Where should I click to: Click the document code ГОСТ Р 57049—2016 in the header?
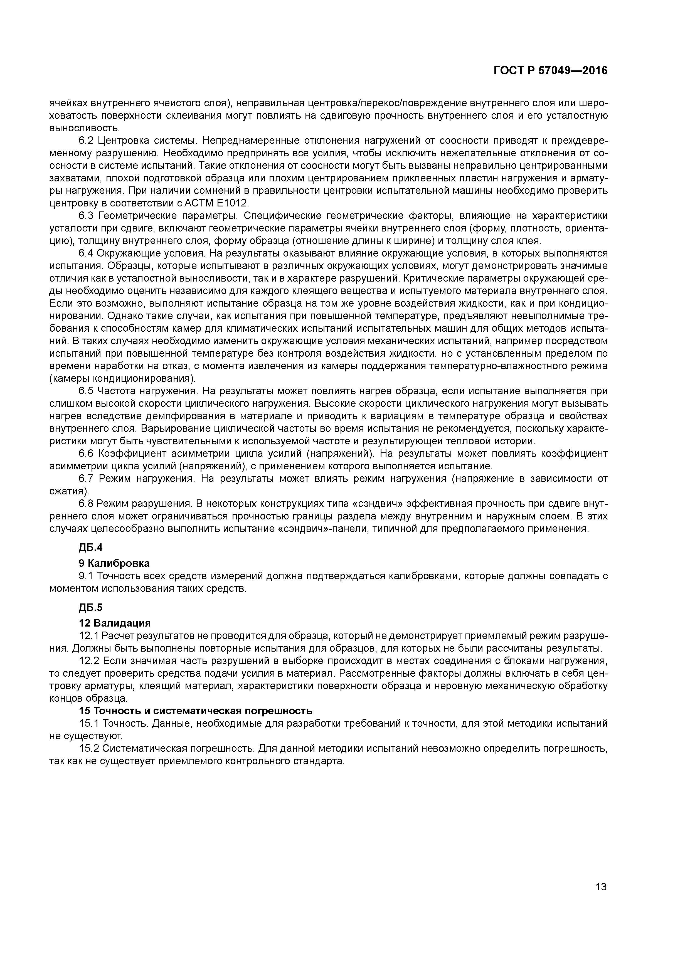(x=551, y=71)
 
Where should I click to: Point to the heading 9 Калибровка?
(x=114, y=563)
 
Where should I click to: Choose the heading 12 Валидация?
(x=115, y=623)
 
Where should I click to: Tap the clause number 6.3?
(x=86, y=216)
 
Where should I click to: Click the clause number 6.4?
(x=86, y=253)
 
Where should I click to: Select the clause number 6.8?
(x=86, y=504)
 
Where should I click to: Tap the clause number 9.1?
(x=86, y=576)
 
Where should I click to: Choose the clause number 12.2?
(x=89, y=661)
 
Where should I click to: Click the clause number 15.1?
(x=89, y=723)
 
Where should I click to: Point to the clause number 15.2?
(x=89, y=748)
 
